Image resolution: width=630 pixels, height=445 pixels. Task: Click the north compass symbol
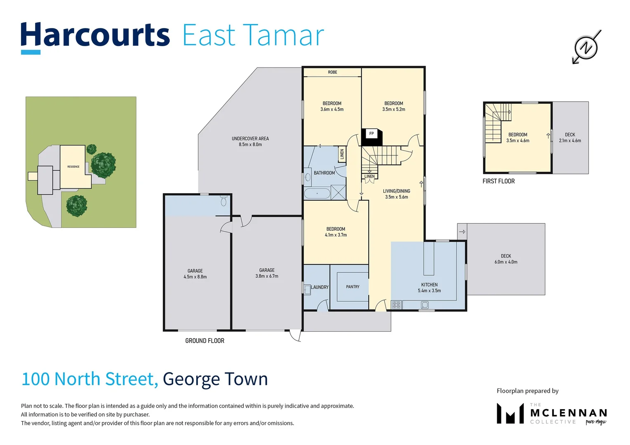pos(586,47)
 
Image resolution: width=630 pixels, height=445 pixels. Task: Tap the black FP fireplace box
pos(371,136)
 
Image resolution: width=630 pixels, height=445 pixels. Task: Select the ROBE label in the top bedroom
pos(332,73)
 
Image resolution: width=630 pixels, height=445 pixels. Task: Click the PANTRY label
pos(353,287)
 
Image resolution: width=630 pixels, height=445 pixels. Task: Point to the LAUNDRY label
pos(320,287)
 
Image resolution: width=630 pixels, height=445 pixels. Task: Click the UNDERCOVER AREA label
pos(250,139)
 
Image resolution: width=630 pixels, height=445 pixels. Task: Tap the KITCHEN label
pos(429,285)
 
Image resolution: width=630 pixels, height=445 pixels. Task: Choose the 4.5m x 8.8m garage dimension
pos(195,277)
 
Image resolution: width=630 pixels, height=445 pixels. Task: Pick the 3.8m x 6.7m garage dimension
pos(267,276)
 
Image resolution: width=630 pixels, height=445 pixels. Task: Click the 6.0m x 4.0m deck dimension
pos(506,262)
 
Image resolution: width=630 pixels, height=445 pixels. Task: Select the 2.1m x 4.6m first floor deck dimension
pos(570,141)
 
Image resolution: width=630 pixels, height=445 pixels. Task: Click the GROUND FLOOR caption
pos(205,341)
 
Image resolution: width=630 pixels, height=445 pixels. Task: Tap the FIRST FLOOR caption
pos(498,181)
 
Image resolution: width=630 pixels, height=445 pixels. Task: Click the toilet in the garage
pos(224,201)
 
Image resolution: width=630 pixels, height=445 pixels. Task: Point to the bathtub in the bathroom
pos(317,193)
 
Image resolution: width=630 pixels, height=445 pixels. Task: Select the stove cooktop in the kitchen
pos(396,305)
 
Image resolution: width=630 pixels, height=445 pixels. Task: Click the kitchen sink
pos(425,305)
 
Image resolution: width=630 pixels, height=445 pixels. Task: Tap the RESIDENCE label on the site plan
pos(73,167)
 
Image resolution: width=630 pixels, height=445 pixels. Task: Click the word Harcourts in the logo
pos(95,35)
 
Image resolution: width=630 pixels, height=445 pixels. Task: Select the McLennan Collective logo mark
pos(510,414)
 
